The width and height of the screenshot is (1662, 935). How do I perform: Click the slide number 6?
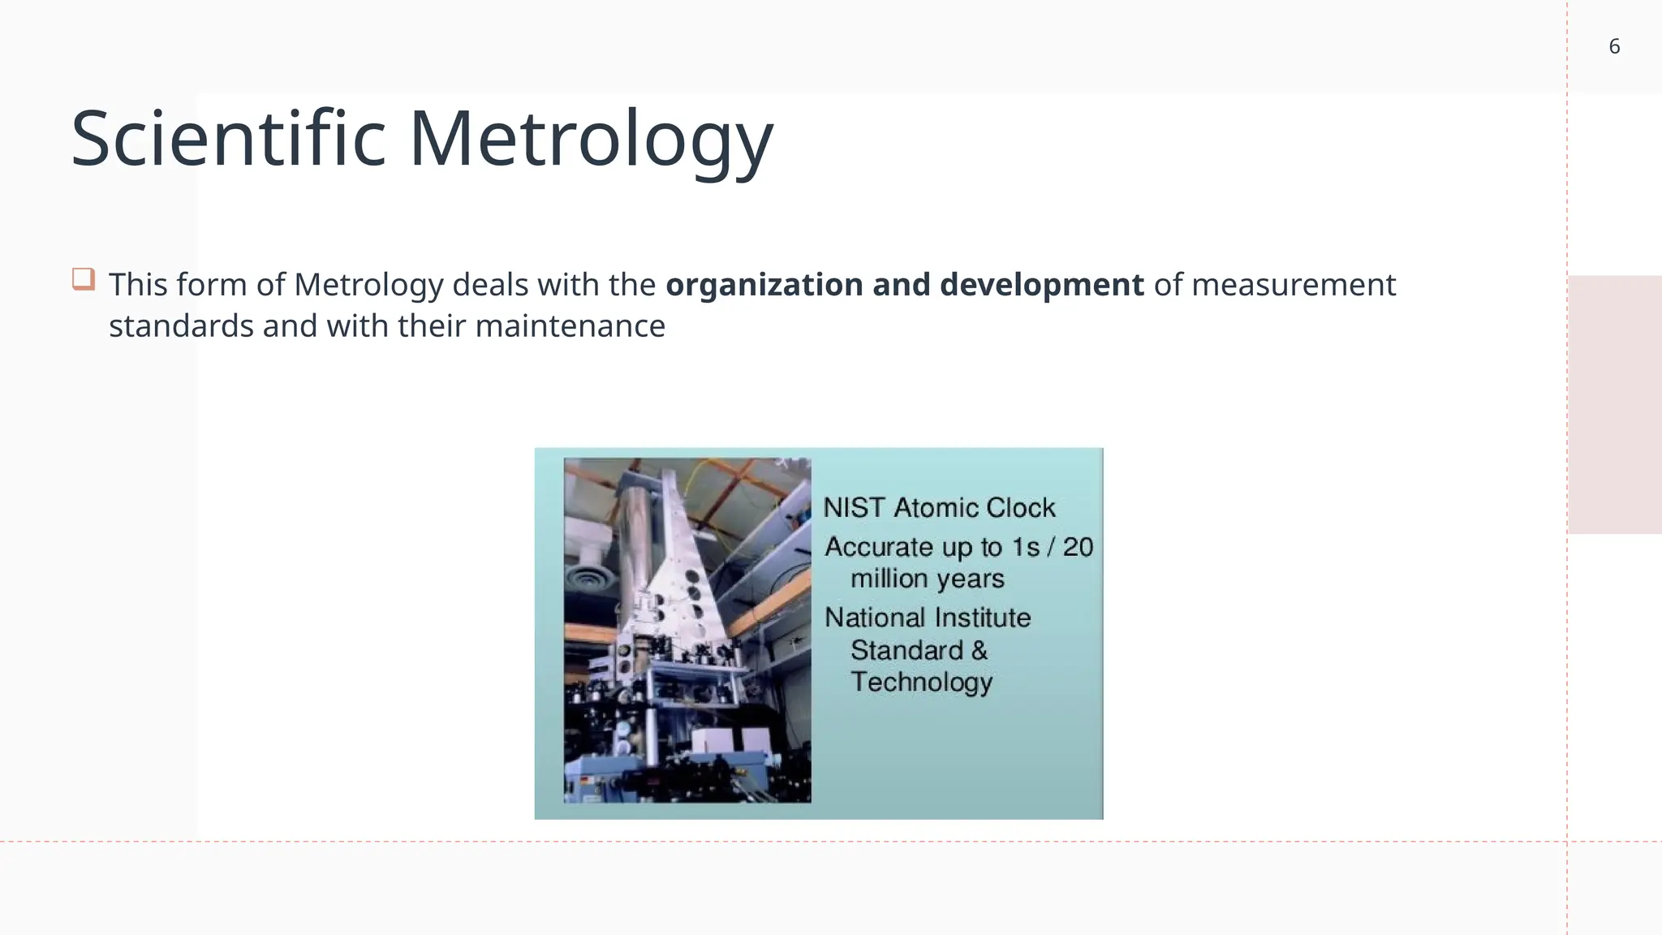(x=1614, y=46)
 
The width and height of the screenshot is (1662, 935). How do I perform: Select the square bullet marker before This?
(x=84, y=279)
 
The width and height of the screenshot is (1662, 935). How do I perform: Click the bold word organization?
(x=764, y=285)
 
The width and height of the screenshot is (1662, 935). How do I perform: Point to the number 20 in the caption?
(x=1078, y=547)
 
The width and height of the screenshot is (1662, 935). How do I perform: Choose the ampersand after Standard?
(x=980, y=650)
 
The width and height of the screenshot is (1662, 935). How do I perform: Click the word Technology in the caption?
(x=921, y=682)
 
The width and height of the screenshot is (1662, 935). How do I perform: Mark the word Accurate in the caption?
(x=879, y=547)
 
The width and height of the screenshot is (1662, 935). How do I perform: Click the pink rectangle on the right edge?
(x=1614, y=404)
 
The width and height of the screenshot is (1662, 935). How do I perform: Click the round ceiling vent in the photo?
(x=588, y=582)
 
